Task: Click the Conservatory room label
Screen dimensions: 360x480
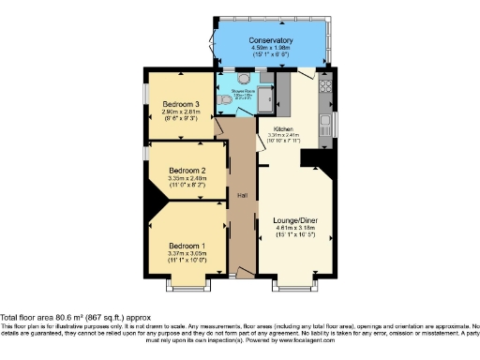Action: [x=271, y=40]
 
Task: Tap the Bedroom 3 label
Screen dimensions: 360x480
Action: [x=181, y=104]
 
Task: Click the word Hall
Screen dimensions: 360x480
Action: [x=242, y=195]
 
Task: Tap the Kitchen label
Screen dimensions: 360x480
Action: [x=283, y=128]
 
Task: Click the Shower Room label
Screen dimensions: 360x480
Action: [x=244, y=90]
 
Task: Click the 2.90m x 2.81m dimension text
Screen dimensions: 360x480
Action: [x=181, y=112]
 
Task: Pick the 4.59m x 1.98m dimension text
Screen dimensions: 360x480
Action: [x=271, y=49]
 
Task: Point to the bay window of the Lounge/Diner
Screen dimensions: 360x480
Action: [x=295, y=280]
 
